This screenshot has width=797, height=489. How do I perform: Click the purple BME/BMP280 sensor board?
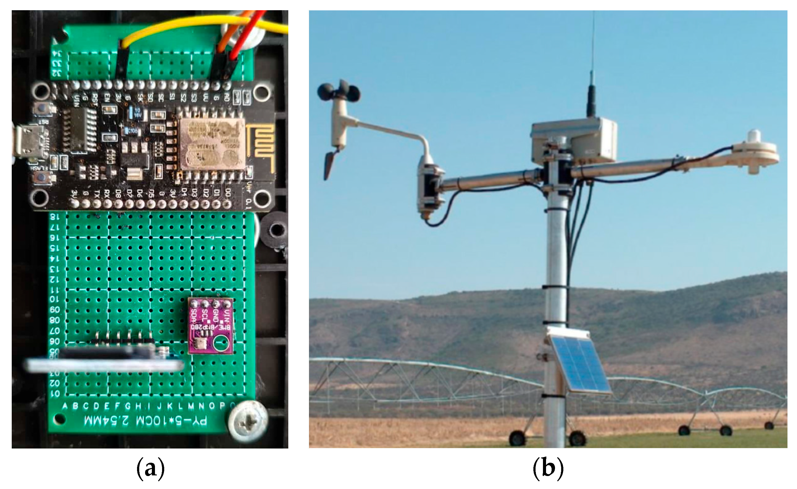[x=211, y=326]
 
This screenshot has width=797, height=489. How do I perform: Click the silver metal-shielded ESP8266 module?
[x=212, y=144]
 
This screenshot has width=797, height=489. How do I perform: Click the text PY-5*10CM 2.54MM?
[x=145, y=421]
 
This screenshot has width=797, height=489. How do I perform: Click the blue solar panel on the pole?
[x=579, y=365]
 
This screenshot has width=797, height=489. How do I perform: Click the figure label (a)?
[x=150, y=469]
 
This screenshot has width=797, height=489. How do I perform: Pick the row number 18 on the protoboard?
[x=55, y=217]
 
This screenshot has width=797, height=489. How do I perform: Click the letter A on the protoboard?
[x=65, y=406]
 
